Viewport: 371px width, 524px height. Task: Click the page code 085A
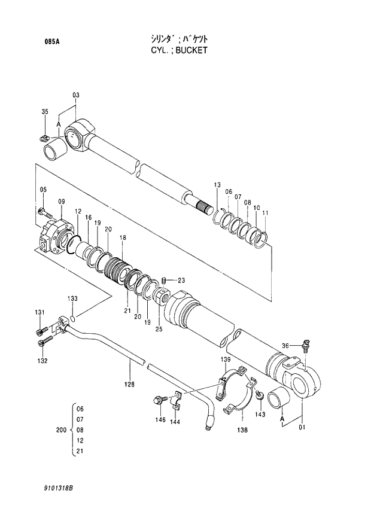51,41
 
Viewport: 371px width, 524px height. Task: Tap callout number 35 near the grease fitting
44,112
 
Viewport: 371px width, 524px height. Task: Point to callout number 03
76,95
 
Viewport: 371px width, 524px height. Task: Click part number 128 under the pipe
129,384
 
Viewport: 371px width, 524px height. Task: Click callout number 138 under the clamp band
242,429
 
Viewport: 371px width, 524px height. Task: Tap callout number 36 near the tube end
285,345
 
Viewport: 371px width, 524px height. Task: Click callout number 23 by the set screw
181,280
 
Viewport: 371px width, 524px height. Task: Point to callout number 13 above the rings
217,184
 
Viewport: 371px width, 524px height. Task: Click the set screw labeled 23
166,281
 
